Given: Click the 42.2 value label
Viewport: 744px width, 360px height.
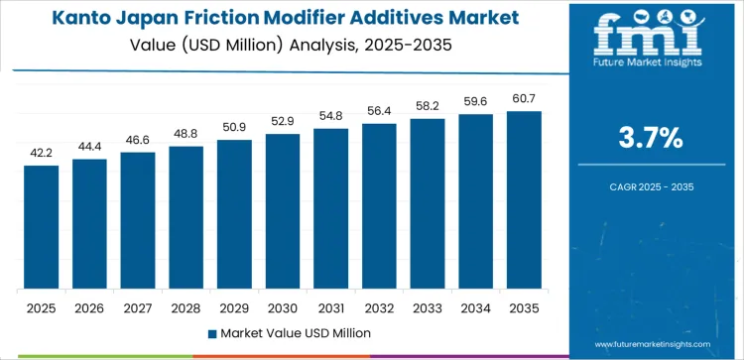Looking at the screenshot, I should coord(42,153).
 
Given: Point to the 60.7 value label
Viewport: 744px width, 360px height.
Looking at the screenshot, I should coord(524,98).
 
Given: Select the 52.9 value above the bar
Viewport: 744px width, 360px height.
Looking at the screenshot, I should coord(283,121).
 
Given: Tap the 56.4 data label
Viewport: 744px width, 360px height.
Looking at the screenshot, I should coord(379,111).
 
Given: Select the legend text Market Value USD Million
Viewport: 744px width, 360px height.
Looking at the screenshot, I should coord(291,332).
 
